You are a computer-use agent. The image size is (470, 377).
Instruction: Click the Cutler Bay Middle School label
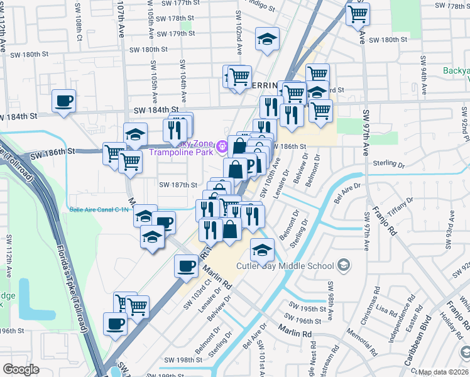click(x=285, y=266)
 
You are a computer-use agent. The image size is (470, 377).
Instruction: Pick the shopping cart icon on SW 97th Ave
click(x=358, y=13)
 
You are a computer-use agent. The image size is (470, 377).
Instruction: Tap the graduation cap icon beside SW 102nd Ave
click(x=267, y=39)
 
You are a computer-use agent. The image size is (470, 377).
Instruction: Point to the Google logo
click(x=21, y=369)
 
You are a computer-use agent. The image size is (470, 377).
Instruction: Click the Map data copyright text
click(x=444, y=372)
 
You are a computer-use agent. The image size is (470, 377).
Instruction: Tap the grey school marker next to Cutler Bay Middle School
click(x=342, y=266)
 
